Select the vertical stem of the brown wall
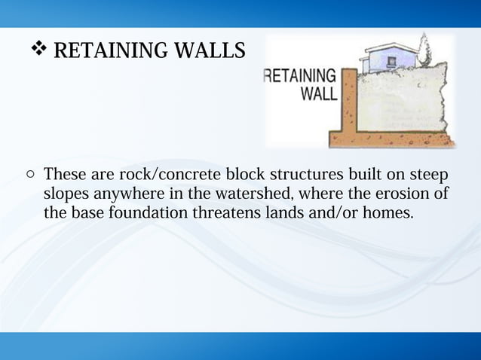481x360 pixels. [x=350, y=102]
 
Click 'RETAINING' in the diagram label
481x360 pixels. [x=299, y=76]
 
